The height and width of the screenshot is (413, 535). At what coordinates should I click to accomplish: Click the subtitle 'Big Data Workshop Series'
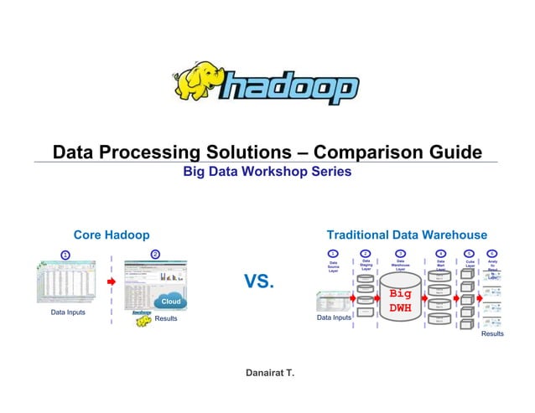[267, 172]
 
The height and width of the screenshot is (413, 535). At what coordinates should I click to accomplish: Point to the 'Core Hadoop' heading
[112, 235]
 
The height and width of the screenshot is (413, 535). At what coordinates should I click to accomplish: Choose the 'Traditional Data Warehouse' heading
[407, 235]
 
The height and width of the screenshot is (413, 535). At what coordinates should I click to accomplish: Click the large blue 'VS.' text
[259, 282]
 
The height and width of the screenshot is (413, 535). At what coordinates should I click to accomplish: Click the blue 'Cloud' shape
[170, 302]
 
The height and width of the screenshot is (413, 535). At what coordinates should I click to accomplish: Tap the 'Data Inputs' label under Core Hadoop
[70, 312]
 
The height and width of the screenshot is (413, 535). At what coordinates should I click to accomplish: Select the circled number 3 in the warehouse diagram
[400, 253]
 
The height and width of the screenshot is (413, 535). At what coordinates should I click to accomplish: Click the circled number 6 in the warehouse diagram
[491, 253]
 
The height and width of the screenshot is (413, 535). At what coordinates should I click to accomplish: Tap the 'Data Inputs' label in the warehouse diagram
[332, 318]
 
